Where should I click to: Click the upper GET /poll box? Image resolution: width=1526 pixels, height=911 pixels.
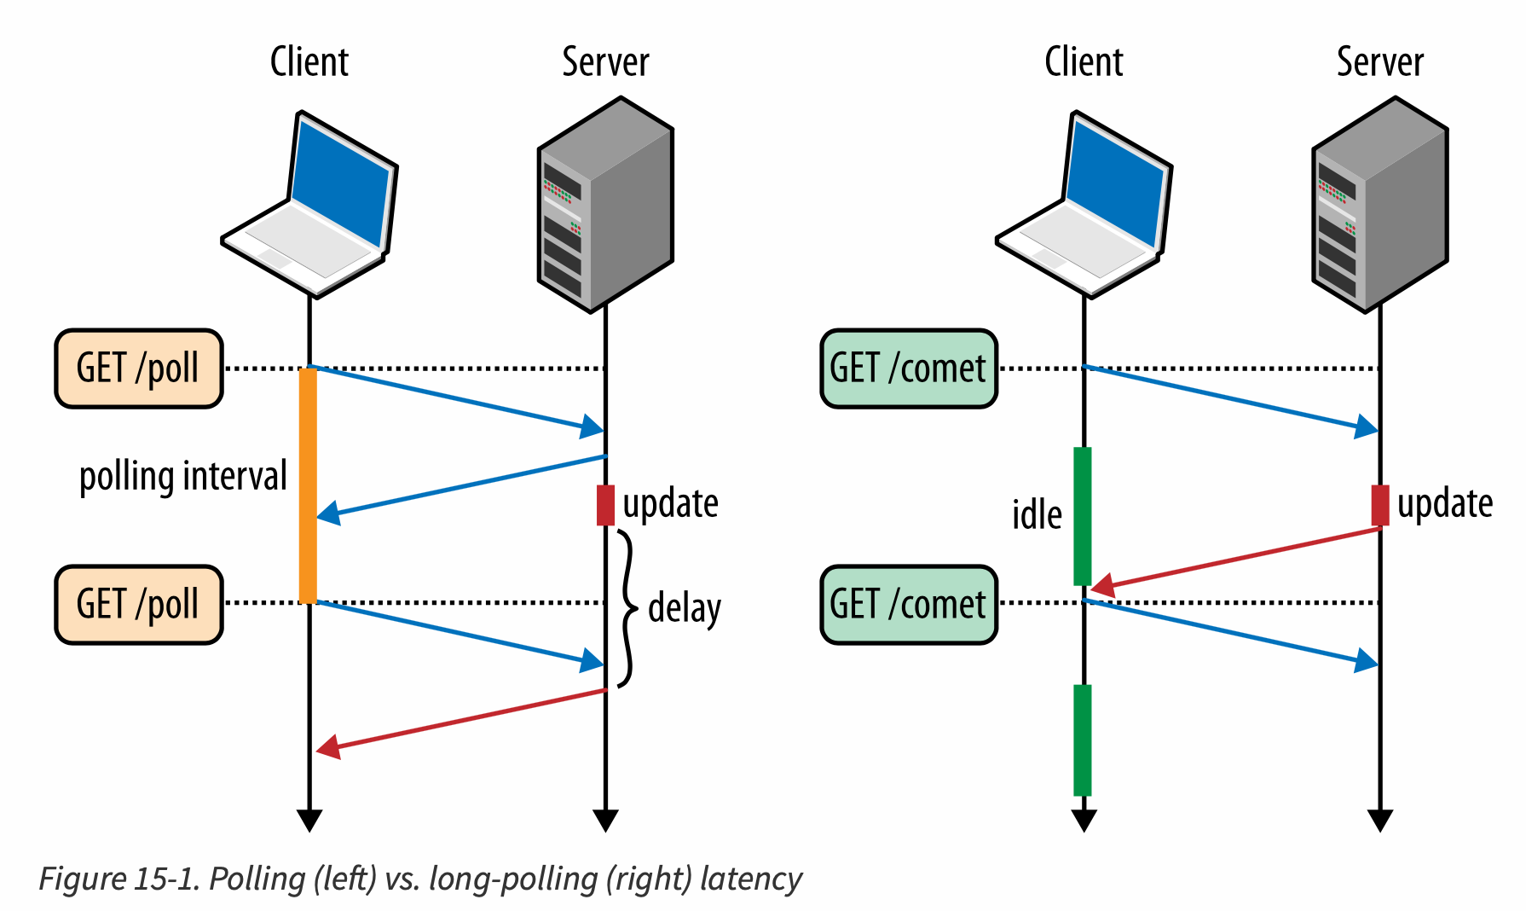point(139,368)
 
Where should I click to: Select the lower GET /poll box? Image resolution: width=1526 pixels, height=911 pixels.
point(139,604)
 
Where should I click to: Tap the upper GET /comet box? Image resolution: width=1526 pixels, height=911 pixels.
point(909,368)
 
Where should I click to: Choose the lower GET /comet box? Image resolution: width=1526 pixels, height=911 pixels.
point(909,604)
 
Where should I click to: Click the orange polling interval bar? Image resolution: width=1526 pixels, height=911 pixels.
point(308,486)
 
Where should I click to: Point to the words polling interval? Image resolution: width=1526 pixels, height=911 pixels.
point(183,476)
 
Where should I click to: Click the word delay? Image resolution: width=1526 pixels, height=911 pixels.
point(685,608)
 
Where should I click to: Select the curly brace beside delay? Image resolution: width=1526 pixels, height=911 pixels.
point(627,608)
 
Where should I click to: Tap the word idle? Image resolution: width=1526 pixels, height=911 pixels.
point(1037,515)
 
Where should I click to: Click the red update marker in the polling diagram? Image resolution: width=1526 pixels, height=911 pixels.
point(605,505)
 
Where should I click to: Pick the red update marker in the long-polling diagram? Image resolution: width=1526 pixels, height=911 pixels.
point(1380,505)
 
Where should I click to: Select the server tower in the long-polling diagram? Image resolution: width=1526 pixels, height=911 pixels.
point(1379,205)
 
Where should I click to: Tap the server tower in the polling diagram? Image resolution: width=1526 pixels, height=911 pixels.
point(605,205)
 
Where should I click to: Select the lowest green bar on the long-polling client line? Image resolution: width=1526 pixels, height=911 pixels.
point(1083,740)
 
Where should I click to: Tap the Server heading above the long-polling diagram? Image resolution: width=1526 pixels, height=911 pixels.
point(1379,62)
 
